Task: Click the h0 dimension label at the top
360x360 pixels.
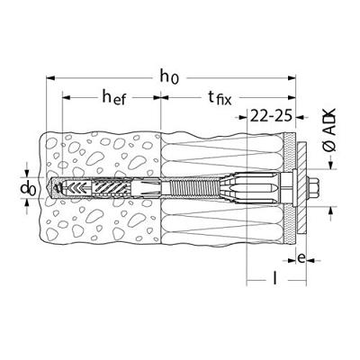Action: (169, 77)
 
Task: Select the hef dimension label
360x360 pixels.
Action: (114, 97)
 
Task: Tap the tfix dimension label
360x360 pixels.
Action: (220, 97)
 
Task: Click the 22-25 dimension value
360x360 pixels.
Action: (271, 116)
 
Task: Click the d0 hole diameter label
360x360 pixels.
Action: (28, 189)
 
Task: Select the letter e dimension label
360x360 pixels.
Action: (301, 258)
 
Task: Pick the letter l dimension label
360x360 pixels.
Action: (274, 277)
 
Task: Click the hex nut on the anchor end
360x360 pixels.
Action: (313, 187)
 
